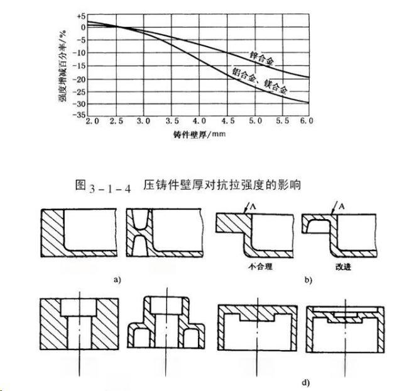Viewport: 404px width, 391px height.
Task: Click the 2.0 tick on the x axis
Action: [x=93, y=120]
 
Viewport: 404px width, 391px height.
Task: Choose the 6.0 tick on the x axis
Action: [x=307, y=120]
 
